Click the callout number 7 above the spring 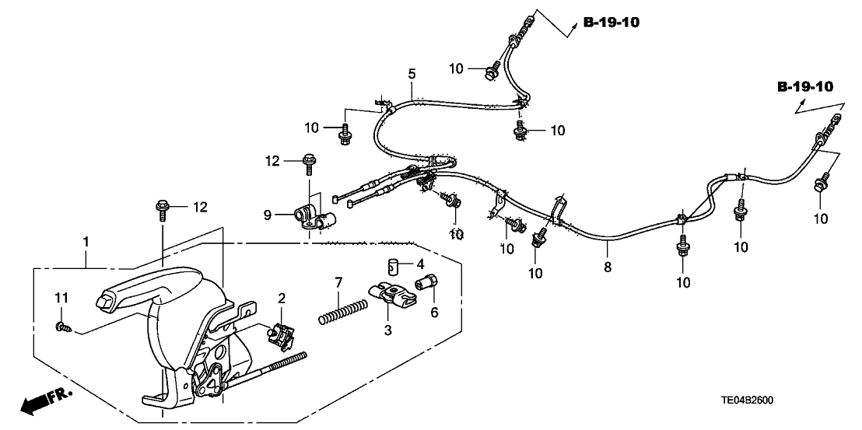click(x=338, y=281)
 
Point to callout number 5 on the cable click(x=412, y=74)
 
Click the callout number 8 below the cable click(x=608, y=267)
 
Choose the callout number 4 click(x=421, y=263)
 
